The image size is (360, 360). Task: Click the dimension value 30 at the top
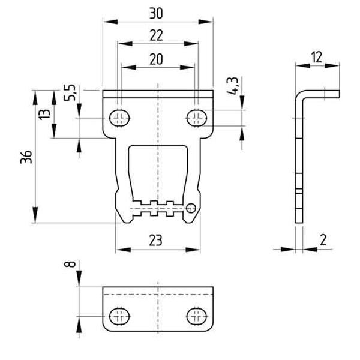point(156,13)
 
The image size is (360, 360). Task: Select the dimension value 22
point(156,35)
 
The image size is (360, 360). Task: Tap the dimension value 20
point(156,59)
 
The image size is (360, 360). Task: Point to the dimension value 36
point(26,157)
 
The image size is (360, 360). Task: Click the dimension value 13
point(44,114)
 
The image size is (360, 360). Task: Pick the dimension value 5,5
point(70,92)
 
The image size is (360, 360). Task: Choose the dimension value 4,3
point(232,86)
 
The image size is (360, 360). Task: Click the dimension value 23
point(155,241)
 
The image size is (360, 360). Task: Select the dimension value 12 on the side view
point(317,58)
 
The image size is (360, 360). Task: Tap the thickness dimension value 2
point(323,240)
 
